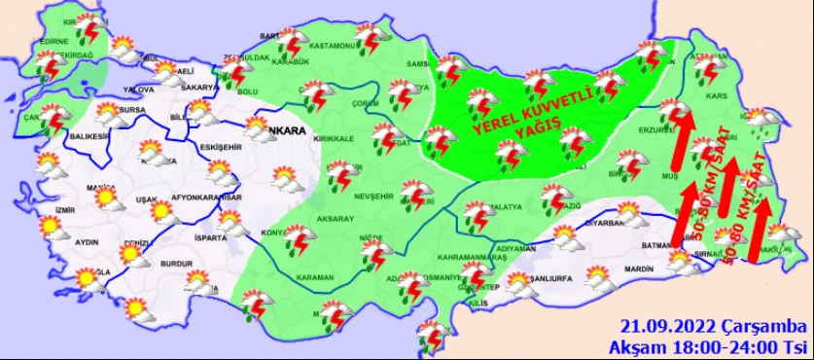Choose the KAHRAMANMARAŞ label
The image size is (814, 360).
click(x=468, y=257)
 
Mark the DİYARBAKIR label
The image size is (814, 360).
click(x=609, y=222)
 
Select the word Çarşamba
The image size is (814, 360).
click(x=757, y=326)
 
